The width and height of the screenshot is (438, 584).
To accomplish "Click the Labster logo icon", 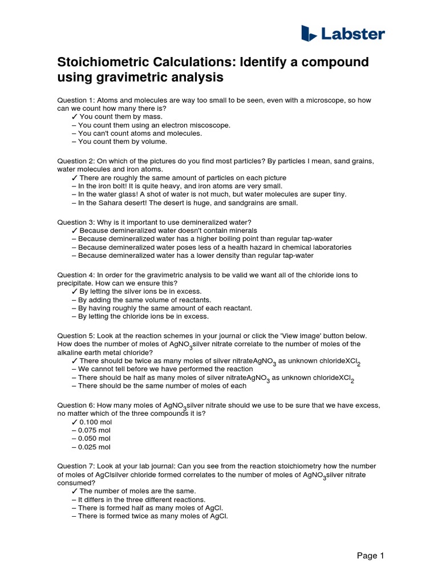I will pyautogui.click(x=309, y=33).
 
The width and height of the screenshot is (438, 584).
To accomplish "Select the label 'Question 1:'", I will pyautogui.click(x=79, y=100).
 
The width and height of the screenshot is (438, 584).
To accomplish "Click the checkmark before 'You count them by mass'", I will pyautogui.click(x=75, y=116).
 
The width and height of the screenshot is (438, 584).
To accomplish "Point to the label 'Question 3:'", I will pyautogui.click(x=79, y=222).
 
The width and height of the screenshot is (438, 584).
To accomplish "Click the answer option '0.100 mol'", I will pyautogui.click(x=95, y=421).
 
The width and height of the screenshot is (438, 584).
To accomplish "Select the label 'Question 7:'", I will pyautogui.click(x=79, y=466).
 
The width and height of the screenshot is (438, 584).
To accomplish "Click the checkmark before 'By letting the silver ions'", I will pyautogui.click(x=75, y=291).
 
